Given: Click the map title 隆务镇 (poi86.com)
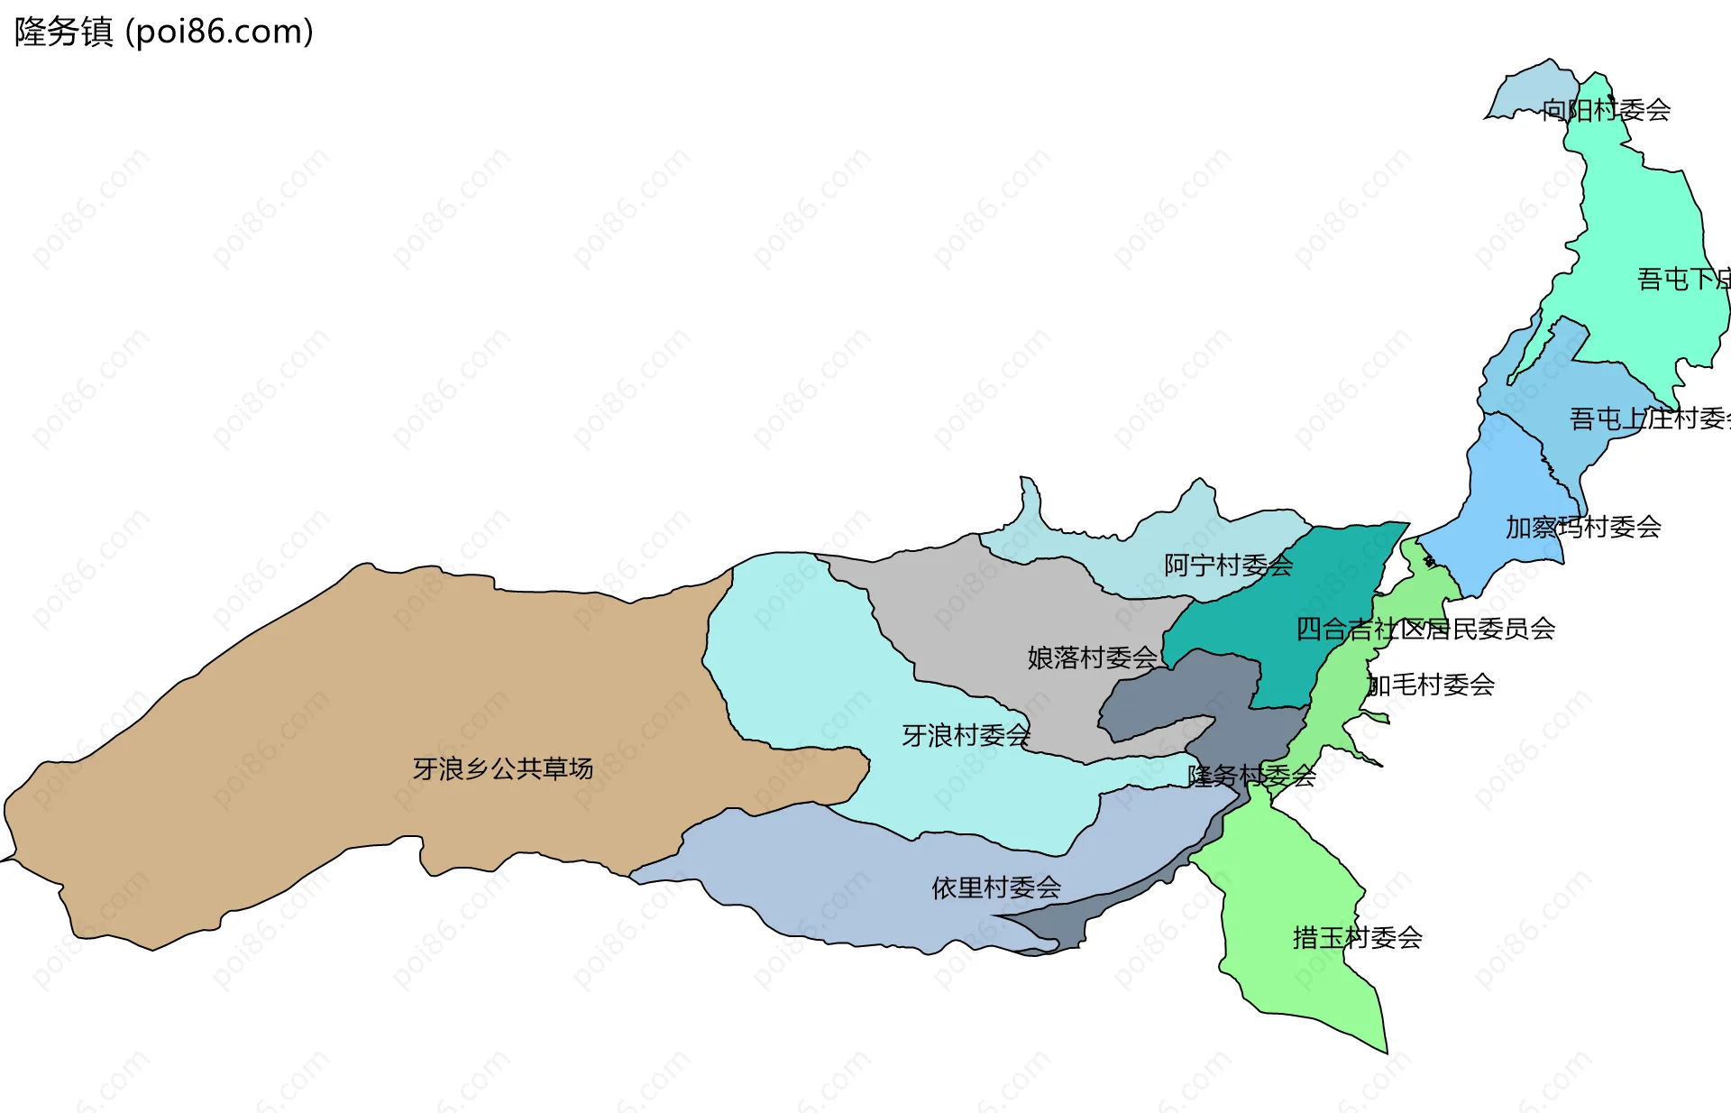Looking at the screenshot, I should coord(164,32).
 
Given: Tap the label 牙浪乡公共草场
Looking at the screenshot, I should coord(503,768).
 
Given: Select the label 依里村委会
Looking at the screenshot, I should coord(996,888).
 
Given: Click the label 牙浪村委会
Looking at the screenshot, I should coord(966,735).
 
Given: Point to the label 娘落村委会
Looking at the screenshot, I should coord(1092,658).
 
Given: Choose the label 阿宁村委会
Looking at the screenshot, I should coord(1228,566).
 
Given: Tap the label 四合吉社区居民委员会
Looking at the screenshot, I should coord(1425,629).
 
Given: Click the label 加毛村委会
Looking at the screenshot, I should coord(1431,685).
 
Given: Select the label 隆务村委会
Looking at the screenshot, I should coord(1251,776).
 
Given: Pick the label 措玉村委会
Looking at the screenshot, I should coord(1357,938).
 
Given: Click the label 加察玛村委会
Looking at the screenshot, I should coord(1583,527).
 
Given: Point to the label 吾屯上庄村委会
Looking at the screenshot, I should coord(1649,419).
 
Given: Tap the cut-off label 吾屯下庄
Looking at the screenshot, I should coord(1682,279).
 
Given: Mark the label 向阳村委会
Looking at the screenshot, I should coord(1606,110).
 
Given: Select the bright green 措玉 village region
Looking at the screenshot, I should coord(1289,884).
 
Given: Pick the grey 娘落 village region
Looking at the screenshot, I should coord(992,613).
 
